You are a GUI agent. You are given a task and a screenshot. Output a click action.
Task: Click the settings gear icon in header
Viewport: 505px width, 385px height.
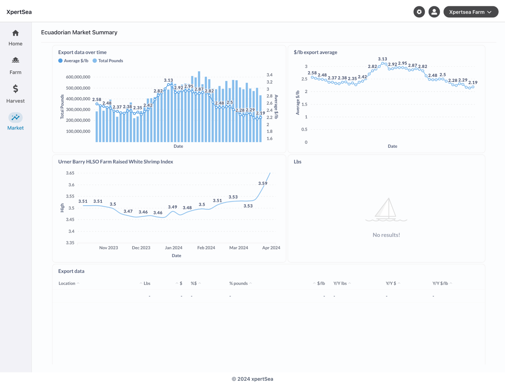click(419, 12)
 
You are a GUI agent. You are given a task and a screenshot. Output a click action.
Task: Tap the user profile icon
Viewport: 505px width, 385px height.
click(434, 12)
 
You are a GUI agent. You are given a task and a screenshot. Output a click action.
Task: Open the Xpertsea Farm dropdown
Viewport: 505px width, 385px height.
click(470, 12)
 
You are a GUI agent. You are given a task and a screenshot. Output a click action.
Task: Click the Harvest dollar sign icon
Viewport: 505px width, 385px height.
click(15, 89)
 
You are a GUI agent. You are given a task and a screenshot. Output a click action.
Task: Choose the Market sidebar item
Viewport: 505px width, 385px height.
click(15, 122)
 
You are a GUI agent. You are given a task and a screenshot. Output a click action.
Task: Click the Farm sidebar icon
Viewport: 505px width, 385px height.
click(15, 60)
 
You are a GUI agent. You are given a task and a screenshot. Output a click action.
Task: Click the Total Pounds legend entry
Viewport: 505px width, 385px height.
click(108, 61)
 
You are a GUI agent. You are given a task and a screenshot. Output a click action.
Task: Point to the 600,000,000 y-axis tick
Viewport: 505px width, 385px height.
click(78, 77)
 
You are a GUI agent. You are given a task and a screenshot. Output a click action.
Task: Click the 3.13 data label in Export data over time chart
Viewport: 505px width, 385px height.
click(168, 80)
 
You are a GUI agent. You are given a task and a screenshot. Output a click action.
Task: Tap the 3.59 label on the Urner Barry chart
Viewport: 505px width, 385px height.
click(262, 183)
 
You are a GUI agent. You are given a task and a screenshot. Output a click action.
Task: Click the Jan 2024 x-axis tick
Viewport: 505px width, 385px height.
click(174, 248)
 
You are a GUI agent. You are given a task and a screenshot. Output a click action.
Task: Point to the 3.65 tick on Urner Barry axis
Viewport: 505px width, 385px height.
click(70, 173)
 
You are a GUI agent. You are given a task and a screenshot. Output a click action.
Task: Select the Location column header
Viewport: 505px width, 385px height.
click(67, 283)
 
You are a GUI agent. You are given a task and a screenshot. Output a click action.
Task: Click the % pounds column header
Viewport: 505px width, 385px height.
click(238, 283)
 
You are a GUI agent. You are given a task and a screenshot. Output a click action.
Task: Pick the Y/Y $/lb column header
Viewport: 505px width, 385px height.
click(440, 283)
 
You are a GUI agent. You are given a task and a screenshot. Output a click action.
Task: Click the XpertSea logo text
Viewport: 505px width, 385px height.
click(19, 12)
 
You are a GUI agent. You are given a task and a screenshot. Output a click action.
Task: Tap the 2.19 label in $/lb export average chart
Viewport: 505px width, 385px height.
click(472, 82)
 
